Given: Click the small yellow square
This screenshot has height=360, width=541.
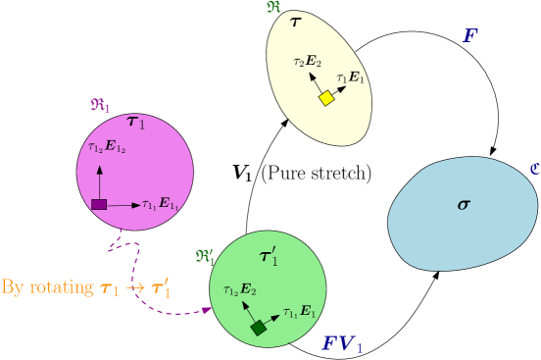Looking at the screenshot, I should (326, 98).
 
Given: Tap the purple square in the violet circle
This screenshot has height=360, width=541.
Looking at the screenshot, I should (99, 204).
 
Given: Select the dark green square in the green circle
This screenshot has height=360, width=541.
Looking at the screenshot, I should (258, 328).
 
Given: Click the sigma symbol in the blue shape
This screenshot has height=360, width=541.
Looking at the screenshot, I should (464, 204).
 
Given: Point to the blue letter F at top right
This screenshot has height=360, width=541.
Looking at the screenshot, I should (470, 36).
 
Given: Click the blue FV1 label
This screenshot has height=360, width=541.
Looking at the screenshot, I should (342, 344).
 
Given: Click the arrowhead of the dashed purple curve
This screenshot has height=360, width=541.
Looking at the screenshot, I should (207, 310).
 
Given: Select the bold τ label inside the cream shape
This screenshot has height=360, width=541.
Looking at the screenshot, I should (295, 21).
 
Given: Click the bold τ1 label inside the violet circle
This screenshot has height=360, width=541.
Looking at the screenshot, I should (135, 122).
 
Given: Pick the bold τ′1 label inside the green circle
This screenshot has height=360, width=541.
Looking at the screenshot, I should (269, 257).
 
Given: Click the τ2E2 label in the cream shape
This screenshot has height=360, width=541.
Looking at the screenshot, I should (307, 62).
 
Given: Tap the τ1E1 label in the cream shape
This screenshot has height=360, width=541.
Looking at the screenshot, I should (350, 77).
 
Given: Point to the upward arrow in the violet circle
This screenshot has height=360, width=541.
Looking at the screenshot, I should (99, 180).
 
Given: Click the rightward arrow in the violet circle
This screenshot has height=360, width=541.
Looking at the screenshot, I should (123, 205).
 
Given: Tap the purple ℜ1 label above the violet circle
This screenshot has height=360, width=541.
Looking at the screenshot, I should (101, 104).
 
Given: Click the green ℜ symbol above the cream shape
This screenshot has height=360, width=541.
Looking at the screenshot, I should (273, 7).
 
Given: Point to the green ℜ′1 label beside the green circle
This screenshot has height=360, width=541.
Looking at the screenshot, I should (205, 257).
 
